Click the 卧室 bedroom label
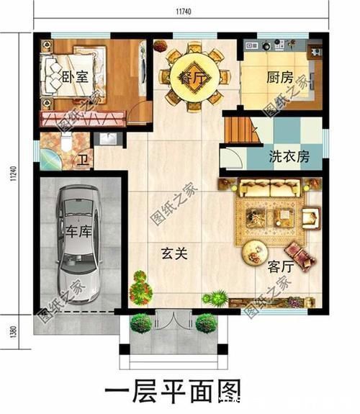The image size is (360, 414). [x=76, y=77]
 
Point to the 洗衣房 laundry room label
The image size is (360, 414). [x=289, y=156]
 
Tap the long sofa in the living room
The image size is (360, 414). [x=270, y=189]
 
